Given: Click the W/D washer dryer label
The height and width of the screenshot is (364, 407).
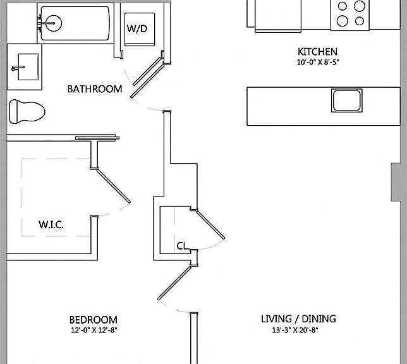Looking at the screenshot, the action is click(x=137, y=28).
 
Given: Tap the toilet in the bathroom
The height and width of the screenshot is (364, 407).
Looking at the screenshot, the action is click(x=27, y=111).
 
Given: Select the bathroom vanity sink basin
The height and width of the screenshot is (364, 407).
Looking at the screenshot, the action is click(x=28, y=67).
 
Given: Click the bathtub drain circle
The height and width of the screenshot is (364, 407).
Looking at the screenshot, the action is click(x=54, y=23).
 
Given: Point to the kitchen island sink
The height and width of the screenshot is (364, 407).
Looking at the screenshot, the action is click(x=346, y=100).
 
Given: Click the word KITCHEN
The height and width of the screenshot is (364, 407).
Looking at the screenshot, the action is click(x=317, y=52).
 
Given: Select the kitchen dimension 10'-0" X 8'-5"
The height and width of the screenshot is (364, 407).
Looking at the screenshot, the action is click(x=318, y=63).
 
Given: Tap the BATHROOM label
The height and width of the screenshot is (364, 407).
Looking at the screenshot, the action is click(x=95, y=89).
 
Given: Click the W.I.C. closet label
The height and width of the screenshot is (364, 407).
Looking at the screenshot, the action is click(x=51, y=224).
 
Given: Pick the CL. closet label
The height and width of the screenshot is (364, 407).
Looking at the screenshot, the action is click(x=183, y=246).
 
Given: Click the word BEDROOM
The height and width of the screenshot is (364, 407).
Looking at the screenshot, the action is click(x=93, y=320).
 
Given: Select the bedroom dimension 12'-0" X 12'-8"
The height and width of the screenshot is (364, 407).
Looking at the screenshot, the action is click(x=94, y=331).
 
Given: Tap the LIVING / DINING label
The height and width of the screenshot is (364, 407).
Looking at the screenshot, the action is click(x=298, y=319).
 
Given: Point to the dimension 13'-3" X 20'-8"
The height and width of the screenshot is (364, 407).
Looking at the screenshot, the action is click(x=295, y=330).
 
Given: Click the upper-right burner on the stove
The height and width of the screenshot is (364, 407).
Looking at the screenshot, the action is click(x=360, y=6).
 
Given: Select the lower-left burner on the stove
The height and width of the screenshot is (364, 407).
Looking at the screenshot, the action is click(x=343, y=21).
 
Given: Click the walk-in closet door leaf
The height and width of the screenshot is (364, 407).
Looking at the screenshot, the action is click(x=113, y=186).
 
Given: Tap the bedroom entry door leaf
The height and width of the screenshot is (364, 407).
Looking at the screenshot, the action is click(x=174, y=282).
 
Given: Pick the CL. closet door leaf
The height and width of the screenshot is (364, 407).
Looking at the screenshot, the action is click(x=210, y=224).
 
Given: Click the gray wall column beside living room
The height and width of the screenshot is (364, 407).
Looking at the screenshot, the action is click(x=396, y=182).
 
